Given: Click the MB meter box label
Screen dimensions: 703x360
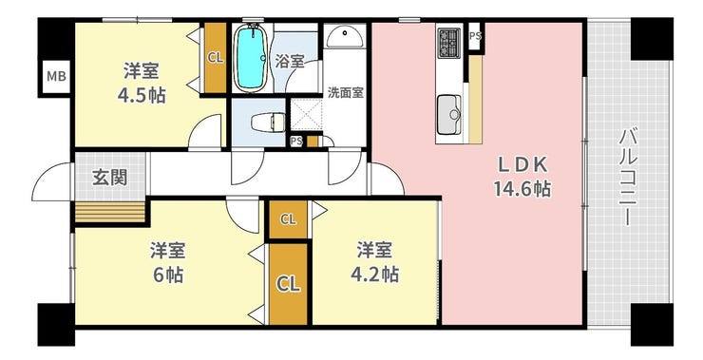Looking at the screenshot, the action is [x=56, y=76].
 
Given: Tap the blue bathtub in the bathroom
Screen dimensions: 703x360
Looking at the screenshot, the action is [x=252, y=56].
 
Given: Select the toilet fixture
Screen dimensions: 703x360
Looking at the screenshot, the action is [x=268, y=123].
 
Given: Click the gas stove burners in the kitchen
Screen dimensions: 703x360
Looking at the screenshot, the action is [x=448, y=43].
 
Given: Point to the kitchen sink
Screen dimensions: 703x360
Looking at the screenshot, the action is [x=449, y=115].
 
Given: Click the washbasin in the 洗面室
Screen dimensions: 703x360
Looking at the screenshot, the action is [x=345, y=36].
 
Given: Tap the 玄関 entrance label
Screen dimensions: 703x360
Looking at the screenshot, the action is [x=110, y=178].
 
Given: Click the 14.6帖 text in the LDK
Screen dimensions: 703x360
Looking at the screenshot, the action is [x=522, y=189].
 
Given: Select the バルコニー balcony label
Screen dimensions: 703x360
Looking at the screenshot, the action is [x=628, y=178].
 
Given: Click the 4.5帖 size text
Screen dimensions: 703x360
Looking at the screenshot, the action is [x=142, y=95].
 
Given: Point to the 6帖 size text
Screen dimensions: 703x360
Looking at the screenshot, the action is [x=168, y=275].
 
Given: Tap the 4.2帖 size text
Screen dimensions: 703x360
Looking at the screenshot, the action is [x=375, y=275].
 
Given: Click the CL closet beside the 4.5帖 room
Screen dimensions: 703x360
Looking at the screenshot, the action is [x=216, y=58].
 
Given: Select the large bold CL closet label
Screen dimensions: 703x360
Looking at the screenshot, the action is [x=288, y=284].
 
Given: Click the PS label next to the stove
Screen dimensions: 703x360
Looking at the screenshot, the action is [x=475, y=36].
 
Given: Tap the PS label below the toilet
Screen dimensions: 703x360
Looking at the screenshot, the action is [x=295, y=142].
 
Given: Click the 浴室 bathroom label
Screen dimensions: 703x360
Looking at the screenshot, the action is [x=290, y=62].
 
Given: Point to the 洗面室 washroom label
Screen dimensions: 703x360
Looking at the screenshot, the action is [x=345, y=93].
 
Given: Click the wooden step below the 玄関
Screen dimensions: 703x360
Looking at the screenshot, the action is [x=110, y=212].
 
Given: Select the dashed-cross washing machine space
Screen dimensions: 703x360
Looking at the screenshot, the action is [x=306, y=116].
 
